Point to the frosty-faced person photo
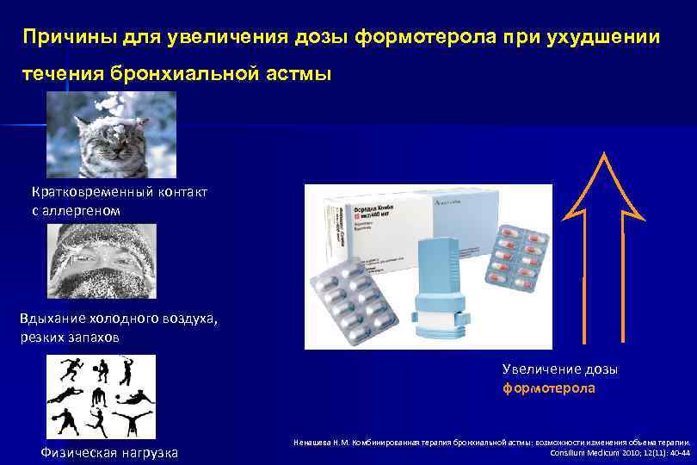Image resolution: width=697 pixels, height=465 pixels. pos(102,261)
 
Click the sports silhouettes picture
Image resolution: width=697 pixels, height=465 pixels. pos(101,396)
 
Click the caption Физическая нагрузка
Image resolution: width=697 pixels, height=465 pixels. pos(109,453)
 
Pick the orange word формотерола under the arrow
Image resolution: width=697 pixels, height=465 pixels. pos(548,388)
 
